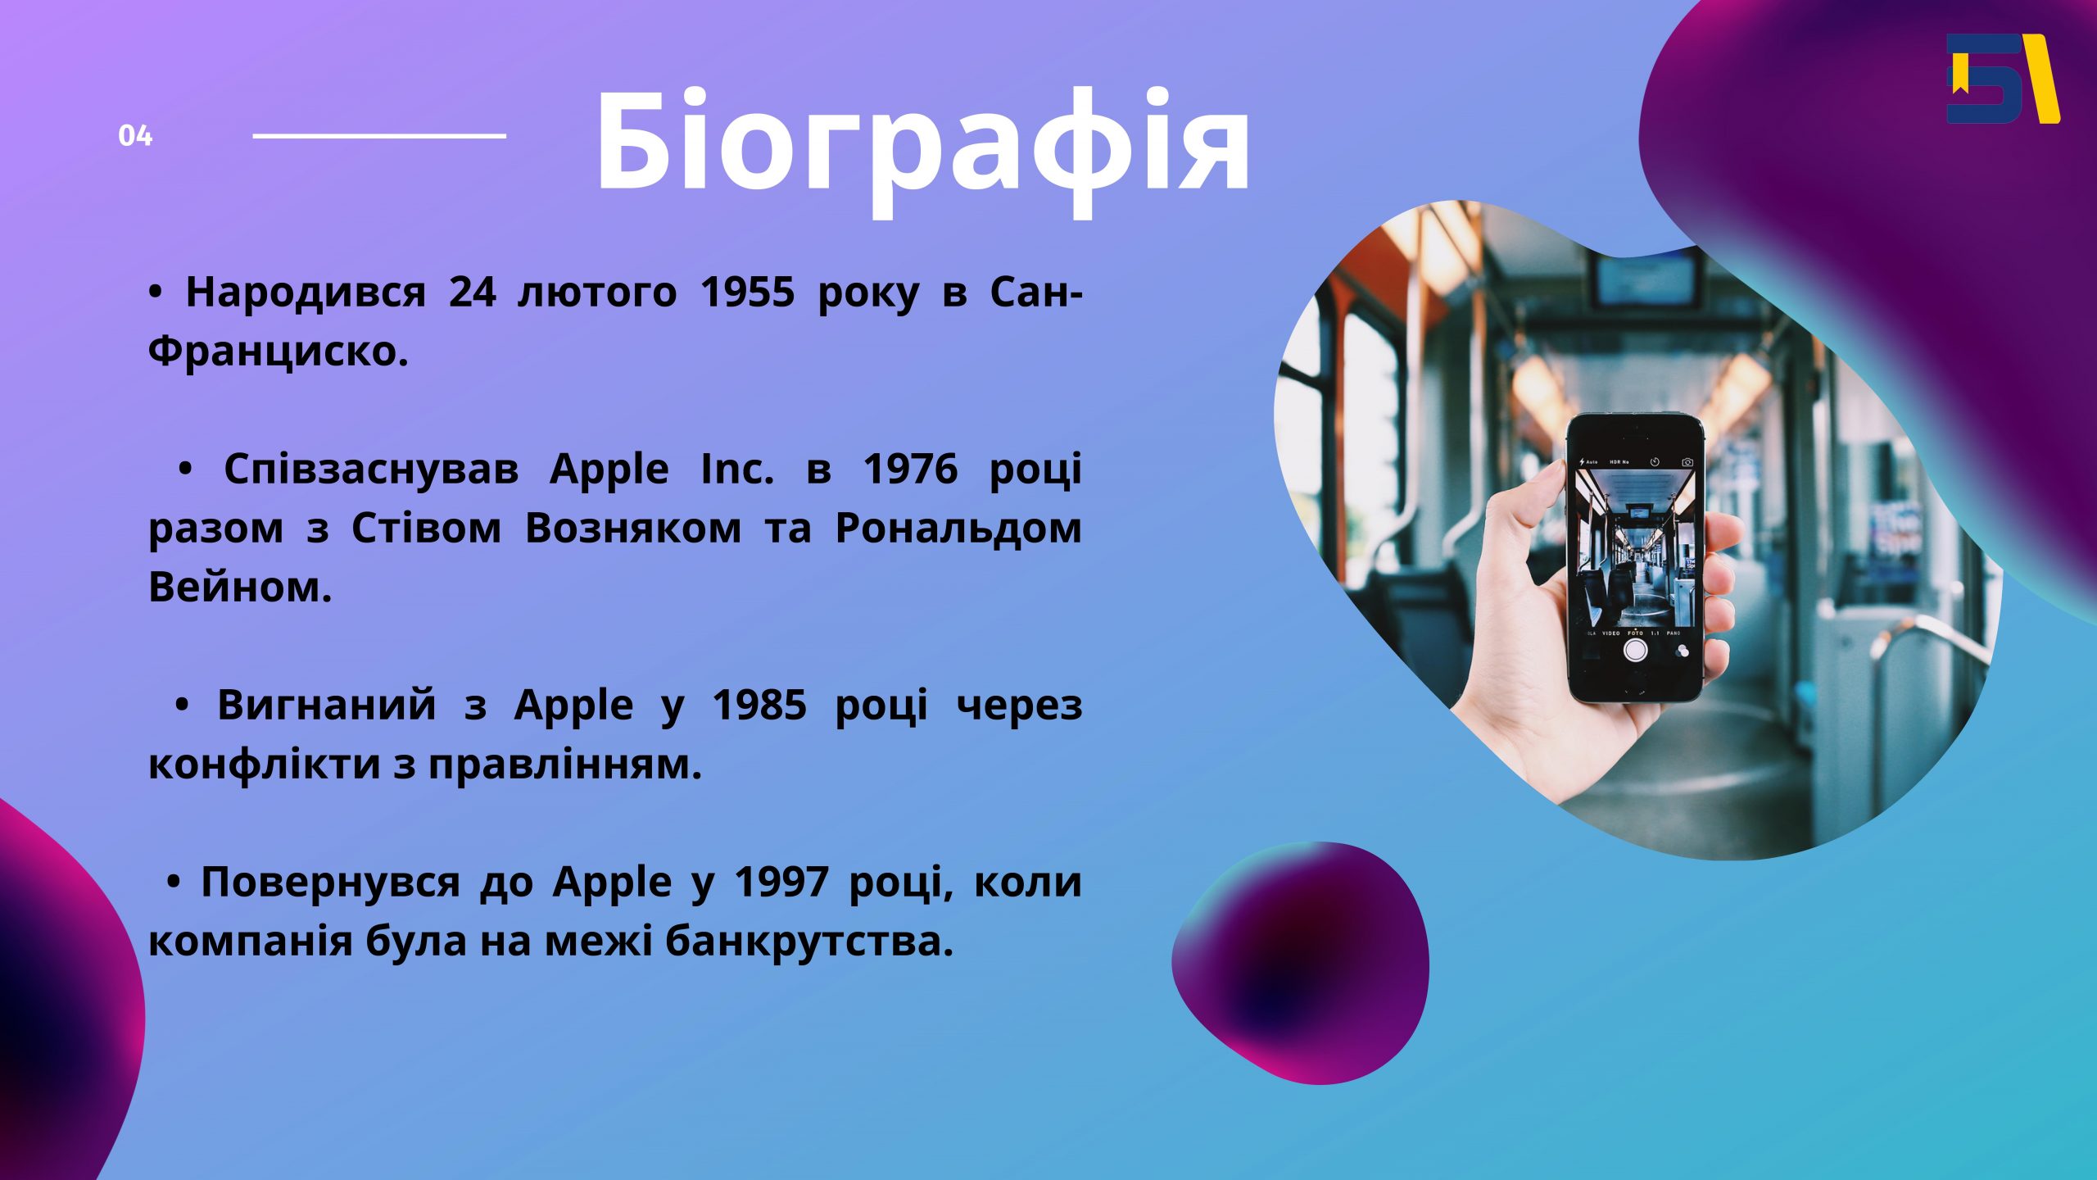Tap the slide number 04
(135, 136)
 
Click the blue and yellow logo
(2003, 79)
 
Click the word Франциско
(278, 352)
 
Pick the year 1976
(910, 470)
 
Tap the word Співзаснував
(371, 470)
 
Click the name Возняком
(633, 529)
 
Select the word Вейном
(240, 588)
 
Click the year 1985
(759, 705)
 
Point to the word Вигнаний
(327, 705)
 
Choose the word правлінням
(565, 765)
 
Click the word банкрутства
(809, 942)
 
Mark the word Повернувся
(332, 883)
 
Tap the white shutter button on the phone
(1636, 650)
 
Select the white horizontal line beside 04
(379, 136)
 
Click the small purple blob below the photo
(1300, 963)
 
